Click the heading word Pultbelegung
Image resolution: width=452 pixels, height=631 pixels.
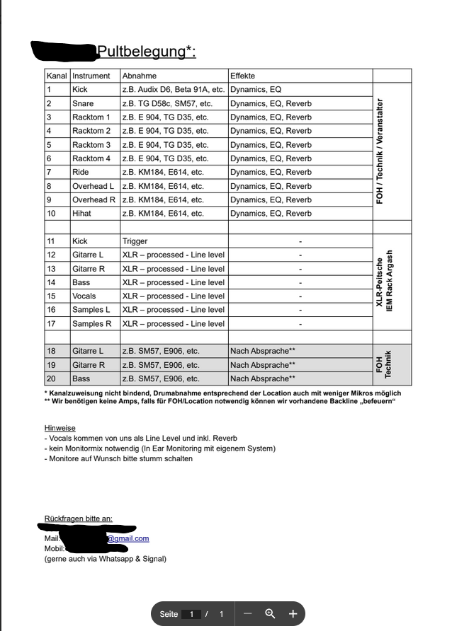click(146, 52)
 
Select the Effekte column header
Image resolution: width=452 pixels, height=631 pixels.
click(242, 76)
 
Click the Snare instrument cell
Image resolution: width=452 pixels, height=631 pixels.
click(83, 103)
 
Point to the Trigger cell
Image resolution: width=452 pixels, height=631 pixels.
click(135, 241)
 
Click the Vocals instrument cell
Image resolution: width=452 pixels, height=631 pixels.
click(84, 296)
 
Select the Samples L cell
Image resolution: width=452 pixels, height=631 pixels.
click(91, 310)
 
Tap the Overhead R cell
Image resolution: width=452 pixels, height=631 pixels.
click(94, 199)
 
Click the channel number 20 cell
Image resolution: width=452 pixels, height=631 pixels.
click(51, 378)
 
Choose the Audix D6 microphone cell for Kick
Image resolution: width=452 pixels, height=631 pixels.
click(174, 90)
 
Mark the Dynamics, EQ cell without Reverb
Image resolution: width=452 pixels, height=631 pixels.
click(256, 90)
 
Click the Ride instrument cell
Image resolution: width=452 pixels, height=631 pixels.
click(80, 172)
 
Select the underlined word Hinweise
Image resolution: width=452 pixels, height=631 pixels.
click(60, 428)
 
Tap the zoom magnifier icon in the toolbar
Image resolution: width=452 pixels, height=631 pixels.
click(270, 613)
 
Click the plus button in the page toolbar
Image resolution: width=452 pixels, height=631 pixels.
click(293, 613)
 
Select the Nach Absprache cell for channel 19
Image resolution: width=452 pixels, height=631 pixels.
click(262, 365)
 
